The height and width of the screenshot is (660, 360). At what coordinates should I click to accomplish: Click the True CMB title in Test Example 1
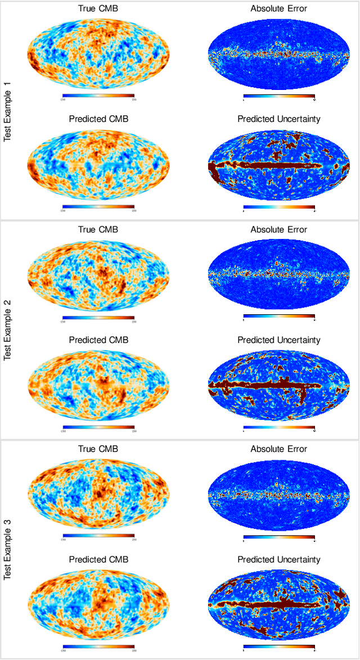coord(98,8)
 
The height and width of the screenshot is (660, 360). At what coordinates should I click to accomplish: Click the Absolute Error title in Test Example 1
coord(279,8)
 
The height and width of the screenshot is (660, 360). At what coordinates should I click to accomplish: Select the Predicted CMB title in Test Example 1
coord(98,119)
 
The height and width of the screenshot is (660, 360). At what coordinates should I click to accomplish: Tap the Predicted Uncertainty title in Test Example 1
coord(279,119)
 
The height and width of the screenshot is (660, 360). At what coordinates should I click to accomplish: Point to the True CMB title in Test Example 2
coord(98,229)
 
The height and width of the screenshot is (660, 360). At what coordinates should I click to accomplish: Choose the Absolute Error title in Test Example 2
coord(279,229)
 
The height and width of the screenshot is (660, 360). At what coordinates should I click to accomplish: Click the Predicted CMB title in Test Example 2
coord(98,340)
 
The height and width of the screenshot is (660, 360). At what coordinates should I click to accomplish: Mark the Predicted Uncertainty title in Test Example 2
coord(279,340)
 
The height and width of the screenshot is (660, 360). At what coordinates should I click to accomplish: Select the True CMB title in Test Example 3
coord(98,449)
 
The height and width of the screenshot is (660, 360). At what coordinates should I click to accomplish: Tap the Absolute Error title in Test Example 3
coord(279,449)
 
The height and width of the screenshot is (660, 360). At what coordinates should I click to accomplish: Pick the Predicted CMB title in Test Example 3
coord(98,559)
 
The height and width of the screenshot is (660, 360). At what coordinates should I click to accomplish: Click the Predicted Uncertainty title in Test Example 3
coord(279,559)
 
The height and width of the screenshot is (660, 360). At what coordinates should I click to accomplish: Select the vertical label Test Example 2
coord(8,329)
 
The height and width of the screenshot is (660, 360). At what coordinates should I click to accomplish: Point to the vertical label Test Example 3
coord(8,549)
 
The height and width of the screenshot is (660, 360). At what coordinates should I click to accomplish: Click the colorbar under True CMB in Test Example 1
coord(98,96)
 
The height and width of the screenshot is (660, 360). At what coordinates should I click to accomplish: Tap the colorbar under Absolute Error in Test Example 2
coord(279,317)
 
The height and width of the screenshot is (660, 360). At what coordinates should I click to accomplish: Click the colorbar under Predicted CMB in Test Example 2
coord(98,427)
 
